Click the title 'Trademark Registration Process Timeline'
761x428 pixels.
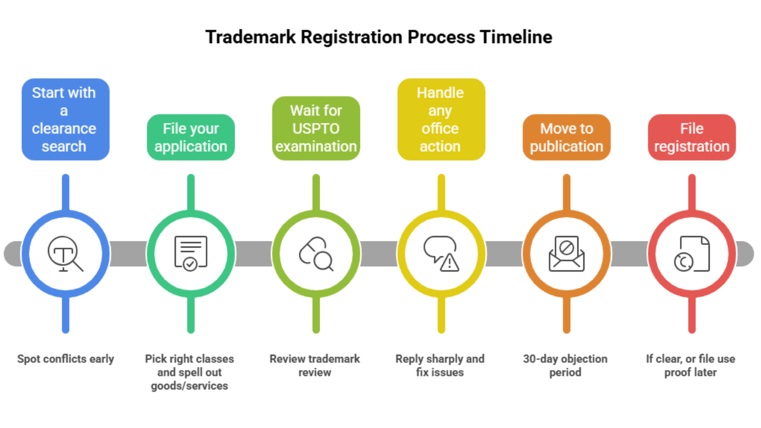tap(379, 37)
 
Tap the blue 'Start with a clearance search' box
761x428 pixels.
tap(65, 119)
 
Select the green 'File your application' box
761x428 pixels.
tap(191, 137)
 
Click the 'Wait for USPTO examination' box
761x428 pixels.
tap(316, 129)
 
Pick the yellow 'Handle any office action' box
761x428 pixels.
tap(441, 119)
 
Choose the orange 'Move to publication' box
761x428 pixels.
tap(566, 137)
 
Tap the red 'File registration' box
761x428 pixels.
tap(692, 137)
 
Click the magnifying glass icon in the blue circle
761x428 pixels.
tap(65, 254)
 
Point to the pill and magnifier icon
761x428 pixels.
tap(316, 254)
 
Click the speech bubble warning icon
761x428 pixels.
tap(441, 254)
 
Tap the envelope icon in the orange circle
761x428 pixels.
tap(566, 254)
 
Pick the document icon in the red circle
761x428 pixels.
tap(692, 254)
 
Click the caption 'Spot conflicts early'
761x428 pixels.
tap(65, 359)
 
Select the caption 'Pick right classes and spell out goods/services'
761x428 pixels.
tap(190, 372)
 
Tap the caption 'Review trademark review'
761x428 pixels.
tap(315, 366)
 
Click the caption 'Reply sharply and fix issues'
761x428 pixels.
tap(440, 366)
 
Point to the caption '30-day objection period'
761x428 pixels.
tap(565, 366)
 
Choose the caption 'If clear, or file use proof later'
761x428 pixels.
tap(690, 366)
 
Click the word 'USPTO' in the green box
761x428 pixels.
tap(316, 129)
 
